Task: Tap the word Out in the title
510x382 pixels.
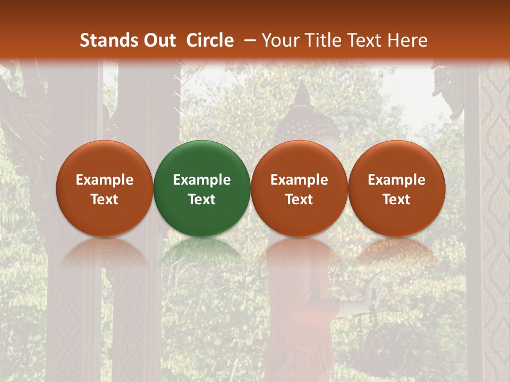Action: pyautogui.click(x=159, y=40)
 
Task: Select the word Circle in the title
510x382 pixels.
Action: pyautogui.click(x=210, y=40)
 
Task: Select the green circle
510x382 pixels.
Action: pyautogui.click(x=202, y=188)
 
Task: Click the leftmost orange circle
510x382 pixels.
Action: pyautogui.click(x=105, y=188)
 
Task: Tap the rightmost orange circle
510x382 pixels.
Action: pyautogui.click(x=396, y=188)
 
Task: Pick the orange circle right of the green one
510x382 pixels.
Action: pyautogui.click(x=299, y=188)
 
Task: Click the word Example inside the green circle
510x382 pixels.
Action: pyautogui.click(x=202, y=180)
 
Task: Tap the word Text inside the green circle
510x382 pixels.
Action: pyautogui.click(x=202, y=199)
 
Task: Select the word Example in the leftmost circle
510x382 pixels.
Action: pyautogui.click(x=105, y=180)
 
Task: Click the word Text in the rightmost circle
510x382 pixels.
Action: pyautogui.click(x=396, y=199)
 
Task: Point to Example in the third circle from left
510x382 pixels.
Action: pyautogui.click(x=299, y=180)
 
